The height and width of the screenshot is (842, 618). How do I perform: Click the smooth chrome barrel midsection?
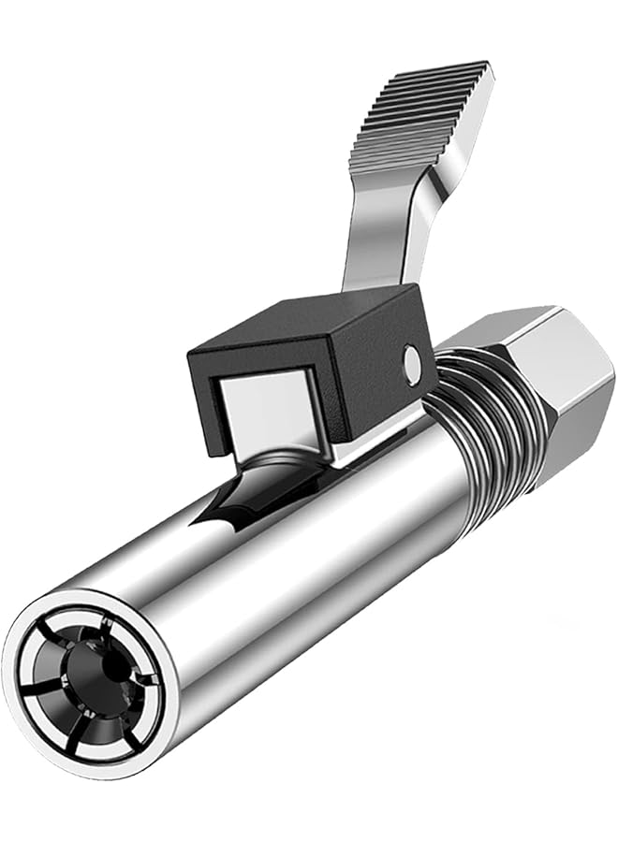click(x=309, y=580)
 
